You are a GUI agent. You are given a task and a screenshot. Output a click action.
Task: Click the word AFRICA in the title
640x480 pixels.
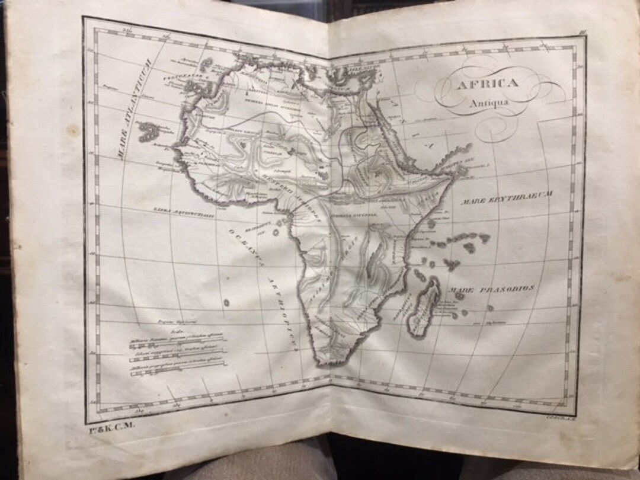coord(487,83)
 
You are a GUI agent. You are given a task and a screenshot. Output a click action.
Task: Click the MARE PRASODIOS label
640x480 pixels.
coord(492,289)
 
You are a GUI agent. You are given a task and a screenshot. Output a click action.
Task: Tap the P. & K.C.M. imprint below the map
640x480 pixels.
coord(110,425)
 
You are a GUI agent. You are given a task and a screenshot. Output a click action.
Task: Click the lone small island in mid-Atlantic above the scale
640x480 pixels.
coord(226,302)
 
